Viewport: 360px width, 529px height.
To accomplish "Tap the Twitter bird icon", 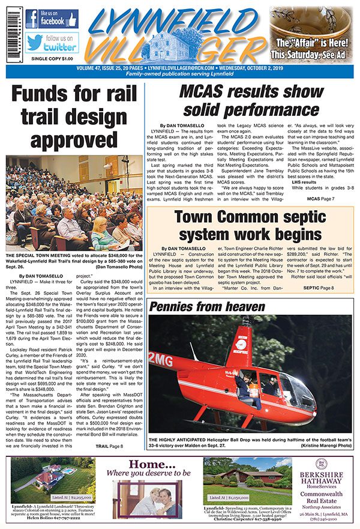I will click(34, 43).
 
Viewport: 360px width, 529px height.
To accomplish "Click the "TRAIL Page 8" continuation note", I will click(110, 446).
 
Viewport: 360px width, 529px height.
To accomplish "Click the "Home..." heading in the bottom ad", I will click(144, 464).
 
